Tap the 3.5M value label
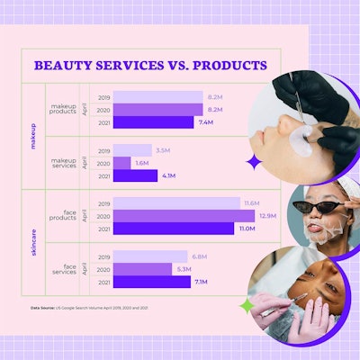pyautogui.click(x=163, y=150)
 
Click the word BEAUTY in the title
pyautogui.click(x=63, y=66)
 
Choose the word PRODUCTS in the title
pyautogui.click(x=231, y=66)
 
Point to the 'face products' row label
pyautogui.click(x=65, y=216)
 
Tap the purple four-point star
pyautogui.click(x=255, y=163)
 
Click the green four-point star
pyautogui.click(x=246, y=306)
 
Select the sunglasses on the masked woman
pyautogui.click(x=318, y=203)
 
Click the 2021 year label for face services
pyautogui.click(x=103, y=282)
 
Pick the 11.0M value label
pyautogui.click(x=245, y=229)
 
